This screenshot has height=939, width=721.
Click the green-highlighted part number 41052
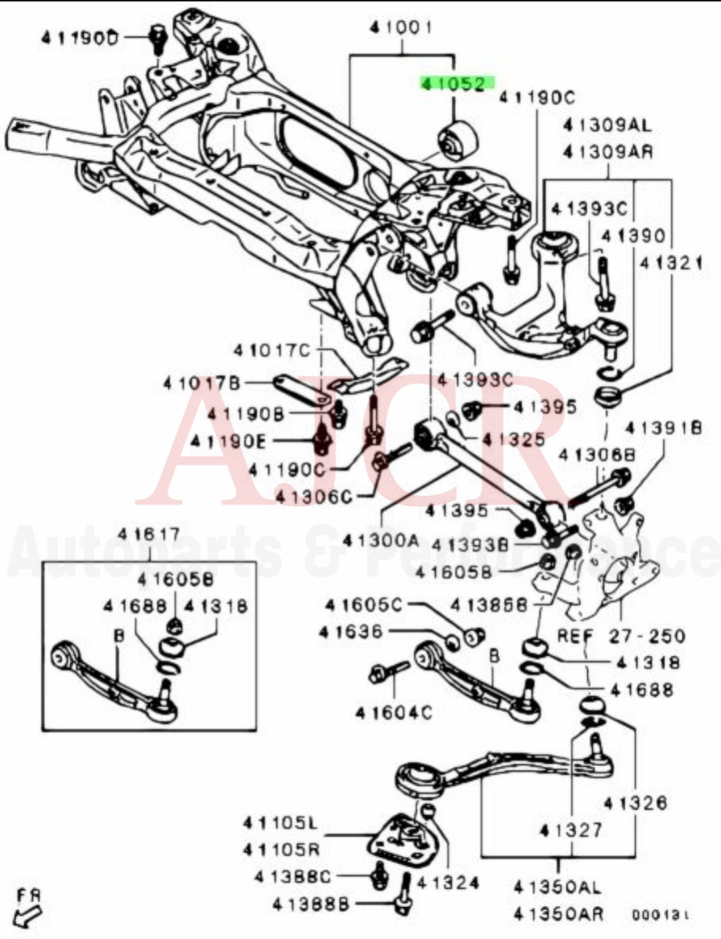tap(457, 83)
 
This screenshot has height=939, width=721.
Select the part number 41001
tap(401, 27)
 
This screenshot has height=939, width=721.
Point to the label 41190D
tap(79, 38)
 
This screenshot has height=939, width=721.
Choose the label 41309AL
tap(607, 125)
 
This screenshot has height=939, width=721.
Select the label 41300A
tap(381, 540)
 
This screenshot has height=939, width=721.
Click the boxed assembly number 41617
tap(149, 535)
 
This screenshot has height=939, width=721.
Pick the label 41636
tap(350, 631)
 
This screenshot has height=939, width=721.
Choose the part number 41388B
tap(310, 904)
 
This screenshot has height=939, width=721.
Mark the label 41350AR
tap(558, 912)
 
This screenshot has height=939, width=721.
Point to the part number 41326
tap(635, 802)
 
